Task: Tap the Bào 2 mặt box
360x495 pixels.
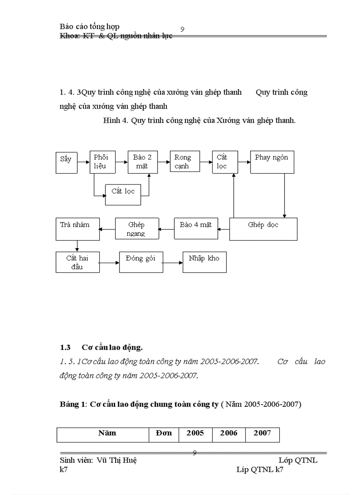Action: pyautogui.click(x=142, y=162)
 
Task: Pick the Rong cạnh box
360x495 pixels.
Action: pyautogui.click(x=184, y=162)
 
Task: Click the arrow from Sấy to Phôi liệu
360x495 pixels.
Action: pyautogui.click(x=83, y=162)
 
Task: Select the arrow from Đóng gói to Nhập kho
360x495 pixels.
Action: pyautogui.click(x=172, y=262)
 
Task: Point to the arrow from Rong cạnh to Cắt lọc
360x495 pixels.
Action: pyautogui.click(x=206, y=162)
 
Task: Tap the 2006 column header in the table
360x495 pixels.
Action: pyautogui.click(x=229, y=433)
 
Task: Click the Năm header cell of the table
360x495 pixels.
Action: pyautogui.click(x=107, y=433)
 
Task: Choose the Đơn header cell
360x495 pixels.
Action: pyautogui.click(x=164, y=433)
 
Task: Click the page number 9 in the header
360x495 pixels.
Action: pyautogui.click(x=182, y=29)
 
